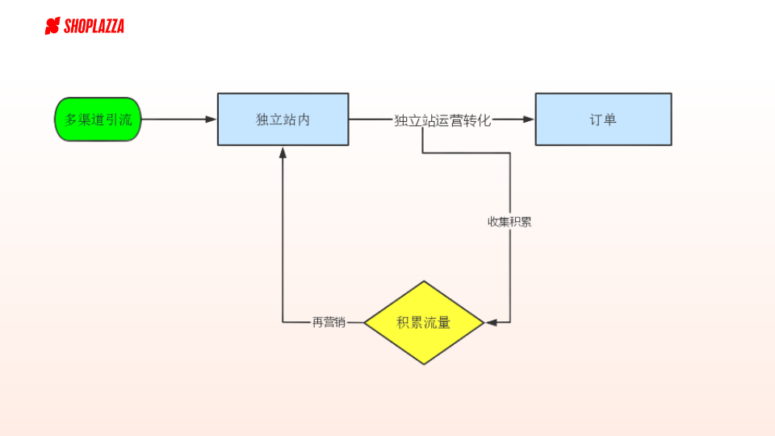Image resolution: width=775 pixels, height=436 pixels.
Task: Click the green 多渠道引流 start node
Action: pos(98,119)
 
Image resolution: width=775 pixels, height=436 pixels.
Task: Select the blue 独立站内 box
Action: pos(283,119)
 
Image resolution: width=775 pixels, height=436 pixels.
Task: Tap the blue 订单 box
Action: pos(603,119)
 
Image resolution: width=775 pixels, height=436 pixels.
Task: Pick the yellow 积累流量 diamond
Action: pos(424,323)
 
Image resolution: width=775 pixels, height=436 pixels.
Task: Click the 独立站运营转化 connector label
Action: pos(442,120)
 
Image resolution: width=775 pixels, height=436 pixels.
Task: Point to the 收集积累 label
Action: pos(509,222)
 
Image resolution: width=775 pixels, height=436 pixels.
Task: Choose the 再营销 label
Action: pos(329,322)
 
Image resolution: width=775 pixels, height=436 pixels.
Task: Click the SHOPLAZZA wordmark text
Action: pos(94,27)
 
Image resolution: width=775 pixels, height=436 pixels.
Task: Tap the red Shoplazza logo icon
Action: pos(52,27)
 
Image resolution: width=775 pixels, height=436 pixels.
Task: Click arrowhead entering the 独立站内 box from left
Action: pos(212,119)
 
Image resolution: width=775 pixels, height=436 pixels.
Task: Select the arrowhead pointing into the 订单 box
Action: pos(529,119)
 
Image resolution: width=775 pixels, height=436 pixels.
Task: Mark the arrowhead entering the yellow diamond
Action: pos(491,323)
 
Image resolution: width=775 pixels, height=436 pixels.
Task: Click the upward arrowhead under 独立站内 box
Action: pos(283,152)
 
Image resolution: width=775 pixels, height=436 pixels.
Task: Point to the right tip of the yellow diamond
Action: pos(483,323)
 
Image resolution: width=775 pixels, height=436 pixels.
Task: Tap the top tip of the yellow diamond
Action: pos(424,282)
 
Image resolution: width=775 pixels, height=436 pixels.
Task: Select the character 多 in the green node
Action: pos(71,119)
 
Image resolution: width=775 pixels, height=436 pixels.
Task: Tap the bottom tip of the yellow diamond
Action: pos(424,364)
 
